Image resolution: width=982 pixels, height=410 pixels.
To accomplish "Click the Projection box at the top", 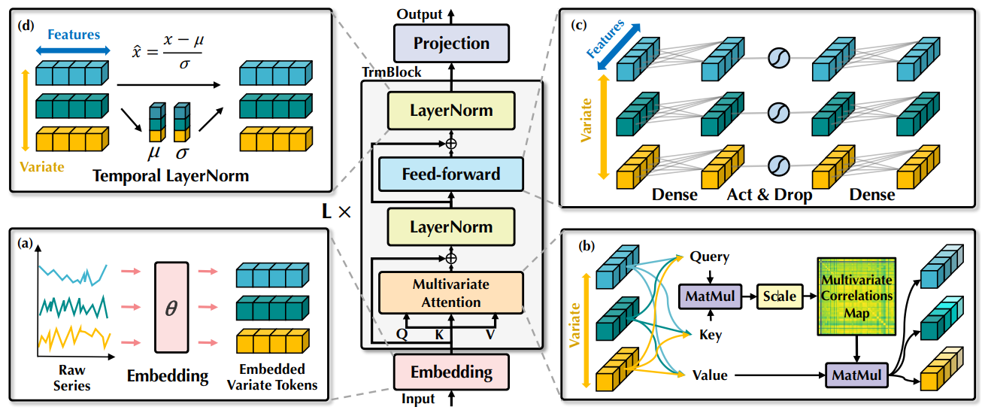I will [451, 43].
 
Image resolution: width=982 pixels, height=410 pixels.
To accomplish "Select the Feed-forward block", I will [451, 175].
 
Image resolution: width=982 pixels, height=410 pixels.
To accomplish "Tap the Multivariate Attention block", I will [451, 293].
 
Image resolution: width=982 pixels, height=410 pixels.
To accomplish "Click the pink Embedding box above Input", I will [451, 372].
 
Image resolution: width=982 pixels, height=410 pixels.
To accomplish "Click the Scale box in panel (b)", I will [779, 296].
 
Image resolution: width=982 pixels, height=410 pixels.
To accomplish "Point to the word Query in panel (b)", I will [709, 257].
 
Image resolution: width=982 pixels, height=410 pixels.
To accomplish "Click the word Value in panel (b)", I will [708, 374].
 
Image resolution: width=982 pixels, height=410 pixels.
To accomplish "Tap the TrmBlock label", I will [392, 72].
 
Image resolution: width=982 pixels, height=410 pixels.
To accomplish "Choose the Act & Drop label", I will [769, 195].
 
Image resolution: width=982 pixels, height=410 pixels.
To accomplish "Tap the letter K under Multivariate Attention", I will [439, 335].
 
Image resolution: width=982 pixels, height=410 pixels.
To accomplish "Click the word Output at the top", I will [419, 15].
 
